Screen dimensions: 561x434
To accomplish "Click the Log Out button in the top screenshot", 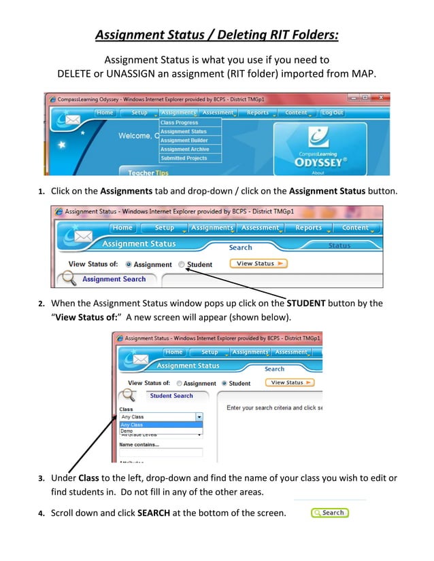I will pyautogui.click(x=332, y=113).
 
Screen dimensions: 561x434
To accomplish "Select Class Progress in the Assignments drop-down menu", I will pyautogui.click(x=180, y=123).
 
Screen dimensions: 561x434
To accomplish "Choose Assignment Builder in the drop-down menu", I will pyautogui.click(x=184, y=141).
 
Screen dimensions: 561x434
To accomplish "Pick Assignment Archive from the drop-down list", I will pyautogui.click(x=184, y=149).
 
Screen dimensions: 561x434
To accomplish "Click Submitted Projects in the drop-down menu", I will pyautogui.click(x=183, y=158).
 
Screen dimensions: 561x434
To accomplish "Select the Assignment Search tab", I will pyautogui.click(x=114, y=279).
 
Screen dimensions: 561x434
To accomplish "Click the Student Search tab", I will pyautogui.click(x=171, y=396).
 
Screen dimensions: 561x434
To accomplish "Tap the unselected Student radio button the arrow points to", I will pyautogui.click(x=181, y=264).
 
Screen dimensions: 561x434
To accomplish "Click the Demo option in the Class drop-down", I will pyautogui.click(x=127, y=431).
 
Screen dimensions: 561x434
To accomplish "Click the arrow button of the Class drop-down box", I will pyautogui.click(x=199, y=417).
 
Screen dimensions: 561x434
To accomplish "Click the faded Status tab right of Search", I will pyautogui.click(x=339, y=246).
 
